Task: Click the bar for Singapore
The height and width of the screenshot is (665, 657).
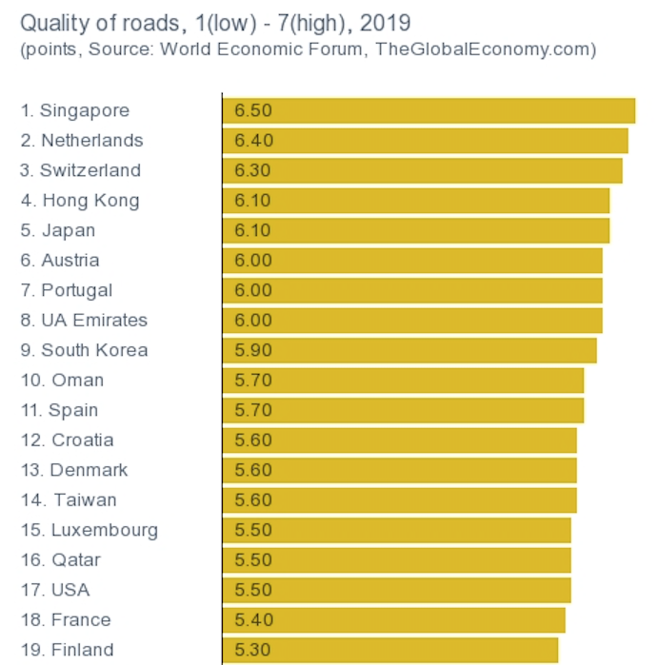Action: point(428,110)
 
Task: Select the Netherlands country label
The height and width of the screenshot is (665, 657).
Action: point(82,141)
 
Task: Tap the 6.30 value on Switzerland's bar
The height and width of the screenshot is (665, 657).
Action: point(253,170)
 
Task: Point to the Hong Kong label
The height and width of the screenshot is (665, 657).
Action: point(80,201)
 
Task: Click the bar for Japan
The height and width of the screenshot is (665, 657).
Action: point(416,230)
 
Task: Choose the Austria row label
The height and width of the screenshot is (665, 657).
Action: point(60,261)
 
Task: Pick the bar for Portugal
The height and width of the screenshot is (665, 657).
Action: point(412,290)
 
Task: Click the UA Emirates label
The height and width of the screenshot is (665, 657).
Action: point(84,321)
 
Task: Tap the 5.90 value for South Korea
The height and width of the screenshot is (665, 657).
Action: point(253,350)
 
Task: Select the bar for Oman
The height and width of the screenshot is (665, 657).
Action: point(403,381)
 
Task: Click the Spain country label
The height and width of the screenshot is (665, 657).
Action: point(59,410)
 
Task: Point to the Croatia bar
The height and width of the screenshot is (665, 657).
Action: point(400,440)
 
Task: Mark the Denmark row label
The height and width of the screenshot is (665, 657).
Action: point(74,470)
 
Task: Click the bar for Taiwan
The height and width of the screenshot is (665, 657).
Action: point(400,500)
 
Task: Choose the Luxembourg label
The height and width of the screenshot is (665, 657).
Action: point(90,530)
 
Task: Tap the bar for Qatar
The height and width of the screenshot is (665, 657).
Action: point(397,560)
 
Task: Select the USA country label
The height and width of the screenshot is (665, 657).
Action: point(55,590)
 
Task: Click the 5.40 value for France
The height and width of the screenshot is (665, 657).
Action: point(253,620)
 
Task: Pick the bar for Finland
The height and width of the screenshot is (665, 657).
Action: point(390,650)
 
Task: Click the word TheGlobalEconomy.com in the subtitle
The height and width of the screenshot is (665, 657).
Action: point(482,49)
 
